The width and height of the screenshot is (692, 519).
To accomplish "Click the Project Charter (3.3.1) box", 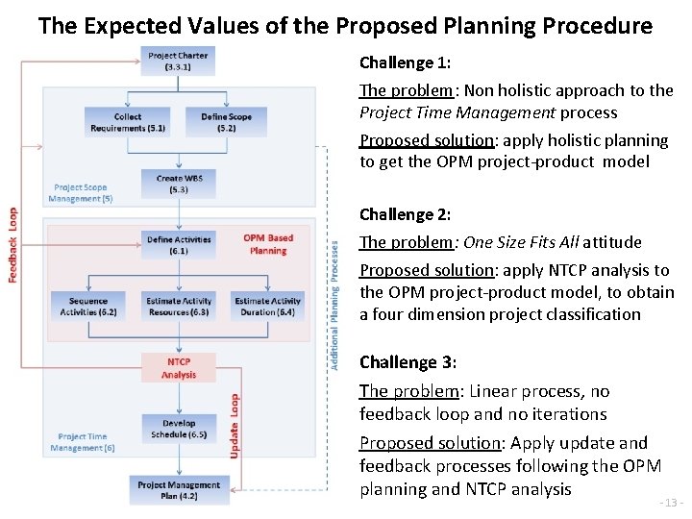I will coord(178,62).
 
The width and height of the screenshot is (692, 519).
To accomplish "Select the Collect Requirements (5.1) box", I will coord(128,122).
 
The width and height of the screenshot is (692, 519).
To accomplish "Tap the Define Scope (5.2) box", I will coord(227,122).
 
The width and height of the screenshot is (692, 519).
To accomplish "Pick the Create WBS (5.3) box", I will coord(178,184).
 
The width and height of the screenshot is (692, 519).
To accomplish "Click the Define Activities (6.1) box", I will coord(179,244).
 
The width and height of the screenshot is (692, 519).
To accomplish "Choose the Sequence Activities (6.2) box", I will coord(88,306).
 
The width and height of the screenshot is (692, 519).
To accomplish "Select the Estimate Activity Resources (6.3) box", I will coord(178,306).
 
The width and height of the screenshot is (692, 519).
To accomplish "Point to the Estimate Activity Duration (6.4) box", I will coord(268,306).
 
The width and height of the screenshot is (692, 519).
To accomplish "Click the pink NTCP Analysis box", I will coord(179,367).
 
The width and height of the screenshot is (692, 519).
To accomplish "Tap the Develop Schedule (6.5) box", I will coord(179,428).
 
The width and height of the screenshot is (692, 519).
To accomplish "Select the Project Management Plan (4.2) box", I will coord(180,490).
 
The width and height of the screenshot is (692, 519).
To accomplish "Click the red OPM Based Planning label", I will coord(268,244).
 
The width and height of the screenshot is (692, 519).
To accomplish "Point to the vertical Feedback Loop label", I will coord(13,245).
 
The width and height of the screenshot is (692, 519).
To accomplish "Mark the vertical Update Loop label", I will coord(235,425).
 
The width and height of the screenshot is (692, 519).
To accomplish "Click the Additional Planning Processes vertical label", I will coord(334,305).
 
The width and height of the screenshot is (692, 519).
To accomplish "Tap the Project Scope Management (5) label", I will coord(81,192).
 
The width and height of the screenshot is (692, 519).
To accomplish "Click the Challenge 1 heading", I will coord(405,62).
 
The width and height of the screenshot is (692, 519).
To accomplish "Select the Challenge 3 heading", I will coord(408,362).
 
